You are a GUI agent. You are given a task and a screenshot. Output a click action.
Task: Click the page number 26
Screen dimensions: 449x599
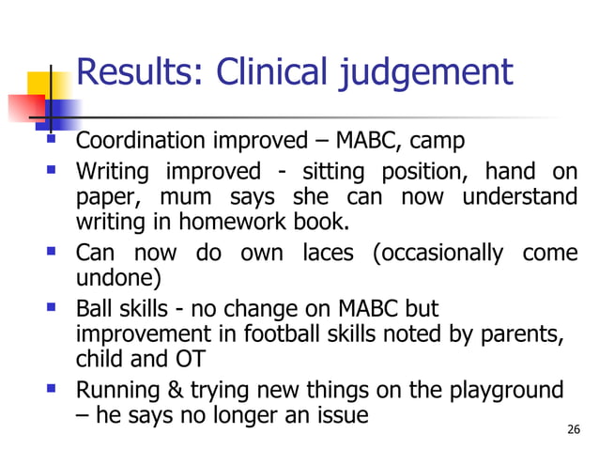click(x=575, y=430)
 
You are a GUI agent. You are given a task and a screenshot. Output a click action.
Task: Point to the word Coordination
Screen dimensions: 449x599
click(x=142, y=144)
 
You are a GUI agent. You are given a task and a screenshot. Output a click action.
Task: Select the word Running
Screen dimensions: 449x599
click(x=115, y=390)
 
